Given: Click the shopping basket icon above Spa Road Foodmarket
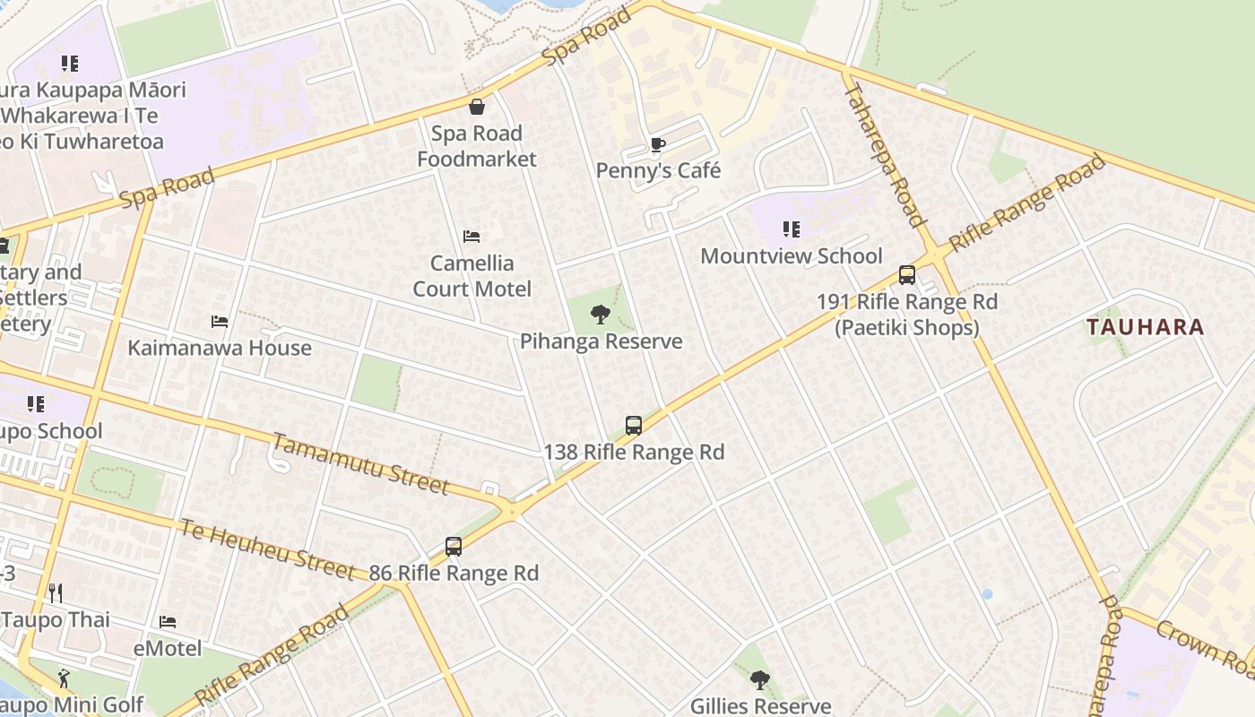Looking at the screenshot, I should pyautogui.click(x=477, y=107).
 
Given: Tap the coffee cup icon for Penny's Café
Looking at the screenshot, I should pyautogui.click(x=657, y=144).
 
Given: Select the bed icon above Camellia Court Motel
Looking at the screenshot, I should pyautogui.click(x=472, y=237).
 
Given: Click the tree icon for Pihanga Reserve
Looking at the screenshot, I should pyautogui.click(x=601, y=315).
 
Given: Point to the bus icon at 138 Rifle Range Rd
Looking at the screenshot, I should pyautogui.click(x=634, y=426).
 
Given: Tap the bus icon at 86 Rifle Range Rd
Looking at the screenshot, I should pyautogui.click(x=454, y=546).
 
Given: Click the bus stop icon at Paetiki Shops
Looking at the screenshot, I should pyautogui.click(x=907, y=275).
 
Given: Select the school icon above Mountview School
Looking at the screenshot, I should pyautogui.click(x=791, y=229).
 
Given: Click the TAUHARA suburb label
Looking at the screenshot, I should pyautogui.click(x=1145, y=327).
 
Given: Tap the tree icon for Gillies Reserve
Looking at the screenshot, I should pyautogui.click(x=760, y=680).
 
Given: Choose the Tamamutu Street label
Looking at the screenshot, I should pyautogui.click(x=360, y=463).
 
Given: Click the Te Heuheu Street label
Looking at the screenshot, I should pyautogui.click(x=267, y=549).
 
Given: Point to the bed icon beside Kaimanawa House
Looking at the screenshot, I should pyautogui.click(x=220, y=321).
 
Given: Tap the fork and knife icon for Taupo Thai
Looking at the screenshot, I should pyautogui.click(x=56, y=592).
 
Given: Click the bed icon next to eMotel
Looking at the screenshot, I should pyautogui.click(x=168, y=621).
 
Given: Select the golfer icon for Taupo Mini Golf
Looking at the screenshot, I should pyautogui.click(x=63, y=678).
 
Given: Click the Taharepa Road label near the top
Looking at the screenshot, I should pyautogui.click(x=883, y=155).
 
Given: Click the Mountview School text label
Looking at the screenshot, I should pyautogui.click(x=791, y=256).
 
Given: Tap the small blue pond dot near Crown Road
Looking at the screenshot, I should pyautogui.click(x=987, y=593).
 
